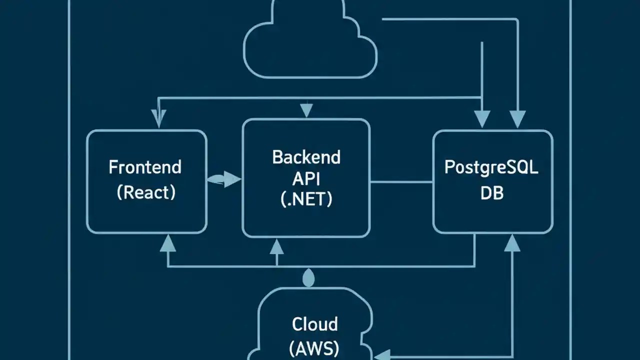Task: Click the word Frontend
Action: tap(145, 167)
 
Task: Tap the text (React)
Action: tap(146, 192)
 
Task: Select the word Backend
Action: tap(306, 157)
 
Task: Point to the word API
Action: tap(306, 178)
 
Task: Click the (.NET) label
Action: tap(306, 199)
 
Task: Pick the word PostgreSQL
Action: tap(491, 167)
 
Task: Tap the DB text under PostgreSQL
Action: tap(491, 193)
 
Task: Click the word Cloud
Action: tap(314, 323)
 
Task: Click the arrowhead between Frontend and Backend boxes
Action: tap(231, 179)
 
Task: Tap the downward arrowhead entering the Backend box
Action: tap(306, 110)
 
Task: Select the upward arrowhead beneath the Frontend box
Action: tap(167, 243)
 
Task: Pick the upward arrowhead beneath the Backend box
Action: tap(276, 246)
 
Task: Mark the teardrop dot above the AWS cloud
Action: tap(309, 278)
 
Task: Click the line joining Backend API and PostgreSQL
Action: tap(401, 182)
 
